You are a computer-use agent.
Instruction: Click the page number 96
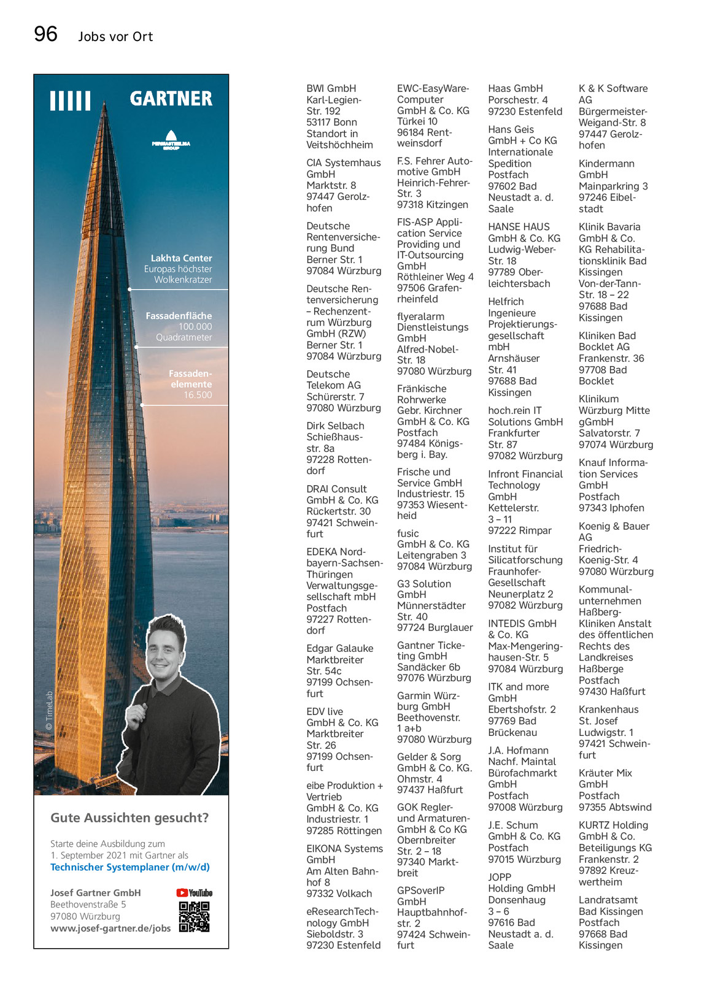click(x=46, y=34)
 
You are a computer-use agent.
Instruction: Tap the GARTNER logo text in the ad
click(x=171, y=99)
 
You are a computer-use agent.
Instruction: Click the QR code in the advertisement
click(x=194, y=917)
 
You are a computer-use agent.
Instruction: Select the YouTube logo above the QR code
click(x=194, y=893)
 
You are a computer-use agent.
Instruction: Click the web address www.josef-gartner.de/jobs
click(x=110, y=928)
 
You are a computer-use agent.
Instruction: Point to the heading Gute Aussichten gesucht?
click(x=129, y=817)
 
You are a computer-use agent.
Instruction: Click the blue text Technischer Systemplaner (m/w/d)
click(x=130, y=867)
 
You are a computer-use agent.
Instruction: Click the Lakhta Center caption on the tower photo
click(x=181, y=258)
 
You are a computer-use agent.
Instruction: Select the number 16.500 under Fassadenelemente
click(x=198, y=395)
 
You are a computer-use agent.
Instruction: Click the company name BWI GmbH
click(x=331, y=88)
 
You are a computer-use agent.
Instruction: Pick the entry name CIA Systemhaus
click(x=343, y=163)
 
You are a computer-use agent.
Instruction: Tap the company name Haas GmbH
click(x=515, y=88)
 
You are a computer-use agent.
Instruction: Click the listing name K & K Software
click(x=612, y=88)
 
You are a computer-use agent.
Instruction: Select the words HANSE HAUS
click(x=519, y=227)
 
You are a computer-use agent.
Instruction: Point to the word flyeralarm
click(x=420, y=316)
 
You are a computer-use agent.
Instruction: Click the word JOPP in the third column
click(x=500, y=877)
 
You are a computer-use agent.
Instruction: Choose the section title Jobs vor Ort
click(x=115, y=37)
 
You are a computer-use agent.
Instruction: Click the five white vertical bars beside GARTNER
click(x=70, y=101)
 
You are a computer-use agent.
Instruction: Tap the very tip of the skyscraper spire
click(x=105, y=105)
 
